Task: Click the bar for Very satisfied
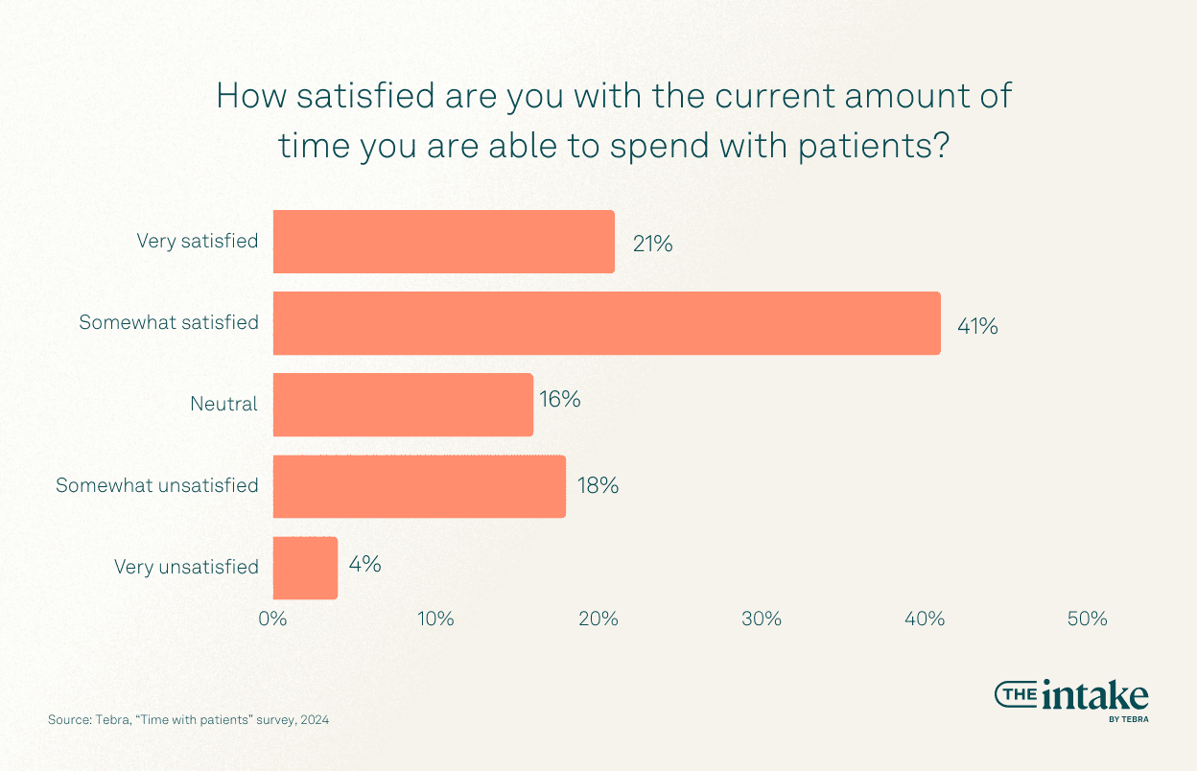[443, 242]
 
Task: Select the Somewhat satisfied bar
[606, 323]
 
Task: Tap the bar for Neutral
[403, 405]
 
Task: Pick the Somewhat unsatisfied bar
[419, 486]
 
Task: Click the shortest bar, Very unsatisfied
[305, 568]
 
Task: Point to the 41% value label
[977, 326]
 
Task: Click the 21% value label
[652, 245]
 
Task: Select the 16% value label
[559, 399]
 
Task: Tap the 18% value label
[598, 485]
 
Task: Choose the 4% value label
[364, 565]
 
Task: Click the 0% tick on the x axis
[273, 619]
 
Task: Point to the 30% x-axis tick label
[762, 619]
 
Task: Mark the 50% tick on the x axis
[1088, 619]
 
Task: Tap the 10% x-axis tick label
[435, 619]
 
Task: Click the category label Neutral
[223, 405]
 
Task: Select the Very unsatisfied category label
[186, 567]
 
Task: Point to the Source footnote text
[188, 719]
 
